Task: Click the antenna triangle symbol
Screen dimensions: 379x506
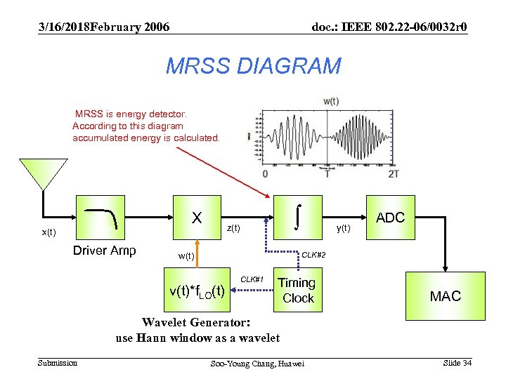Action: [43, 173]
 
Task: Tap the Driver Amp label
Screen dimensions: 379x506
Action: [105, 251]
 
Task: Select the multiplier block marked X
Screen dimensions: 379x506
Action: [197, 218]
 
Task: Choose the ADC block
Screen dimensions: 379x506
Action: [391, 218]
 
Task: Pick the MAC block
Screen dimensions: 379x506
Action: [446, 296]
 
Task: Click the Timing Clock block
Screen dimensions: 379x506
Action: [297, 290]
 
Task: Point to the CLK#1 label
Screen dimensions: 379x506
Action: [252, 279]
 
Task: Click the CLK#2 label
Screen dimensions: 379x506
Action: [313, 255]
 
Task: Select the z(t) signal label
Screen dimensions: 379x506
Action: [233, 228]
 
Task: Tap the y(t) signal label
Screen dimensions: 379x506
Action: [344, 227]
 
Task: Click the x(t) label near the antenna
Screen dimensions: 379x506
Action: [48, 232]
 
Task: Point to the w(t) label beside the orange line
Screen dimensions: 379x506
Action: [186, 255]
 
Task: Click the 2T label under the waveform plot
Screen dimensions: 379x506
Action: [394, 174]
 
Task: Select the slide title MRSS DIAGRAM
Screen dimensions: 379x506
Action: [253, 66]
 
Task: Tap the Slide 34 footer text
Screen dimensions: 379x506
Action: [457, 362]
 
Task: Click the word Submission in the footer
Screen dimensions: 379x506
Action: [58, 362]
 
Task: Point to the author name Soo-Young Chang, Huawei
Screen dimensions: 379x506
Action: [258, 364]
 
